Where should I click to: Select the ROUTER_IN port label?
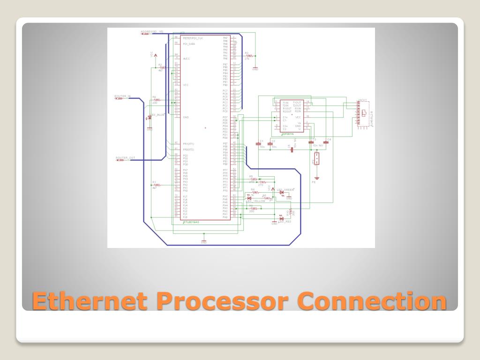(x=123, y=96)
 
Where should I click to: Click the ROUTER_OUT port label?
(x=125, y=157)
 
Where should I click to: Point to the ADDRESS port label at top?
(x=152, y=31)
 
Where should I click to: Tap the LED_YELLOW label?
(x=256, y=201)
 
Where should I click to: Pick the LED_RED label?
(x=285, y=221)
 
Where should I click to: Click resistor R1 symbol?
(x=157, y=185)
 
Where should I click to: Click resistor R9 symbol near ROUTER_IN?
(x=157, y=100)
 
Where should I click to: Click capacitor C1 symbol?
(x=259, y=144)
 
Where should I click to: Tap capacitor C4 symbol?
(x=326, y=142)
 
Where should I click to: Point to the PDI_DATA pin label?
(x=189, y=44)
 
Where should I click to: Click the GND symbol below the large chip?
(x=204, y=241)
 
